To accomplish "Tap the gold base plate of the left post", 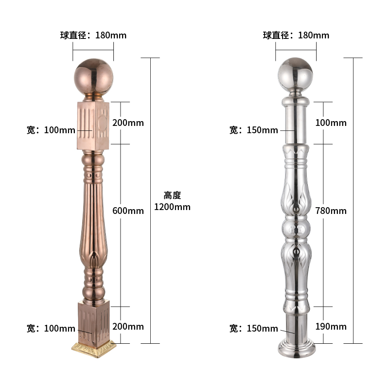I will (93, 347).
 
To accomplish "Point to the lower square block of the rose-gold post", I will (93, 321).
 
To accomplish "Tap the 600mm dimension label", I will (128, 211).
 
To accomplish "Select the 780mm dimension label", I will (331, 211).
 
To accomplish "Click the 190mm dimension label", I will (331, 326).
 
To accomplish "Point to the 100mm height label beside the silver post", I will (331, 123).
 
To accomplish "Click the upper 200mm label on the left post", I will (128, 123).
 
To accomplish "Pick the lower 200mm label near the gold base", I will (128, 326).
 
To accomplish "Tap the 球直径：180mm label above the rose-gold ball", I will (93, 35).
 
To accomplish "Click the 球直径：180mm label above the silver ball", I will (296, 35).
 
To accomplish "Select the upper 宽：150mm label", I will (253, 130).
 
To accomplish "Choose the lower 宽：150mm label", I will (253, 329).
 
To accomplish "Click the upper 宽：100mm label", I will (51, 130).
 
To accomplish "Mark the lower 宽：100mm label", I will (51, 329).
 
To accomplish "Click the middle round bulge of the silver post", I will (296, 228).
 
